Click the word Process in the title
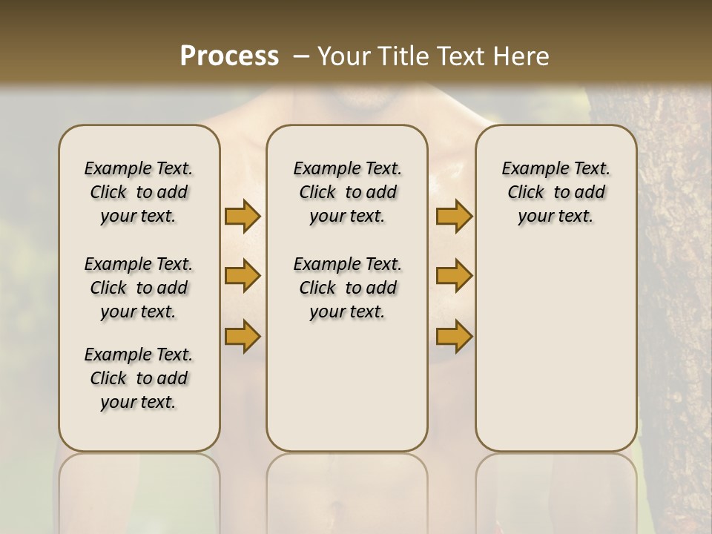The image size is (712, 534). pyautogui.click(x=229, y=56)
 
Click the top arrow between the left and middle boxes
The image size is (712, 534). pyautogui.click(x=243, y=217)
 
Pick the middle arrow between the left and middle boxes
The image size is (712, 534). pyautogui.click(x=243, y=276)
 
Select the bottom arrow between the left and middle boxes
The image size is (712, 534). pyautogui.click(x=243, y=336)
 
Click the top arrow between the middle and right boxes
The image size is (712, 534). pyautogui.click(x=454, y=217)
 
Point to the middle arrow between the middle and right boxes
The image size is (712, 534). pyautogui.click(x=454, y=276)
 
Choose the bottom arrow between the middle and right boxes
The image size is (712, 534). pyautogui.click(x=454, y=336)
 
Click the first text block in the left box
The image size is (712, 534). pyautogui.click(x=139, y=192)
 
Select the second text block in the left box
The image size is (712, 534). pyautogui.click(x=139, y=288)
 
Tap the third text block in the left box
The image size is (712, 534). pyautogui.click(x=139, y=378)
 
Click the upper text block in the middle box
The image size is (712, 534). pyautogui.click(x=347, y=192)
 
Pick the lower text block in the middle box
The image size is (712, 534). pyautogui.click(x=347, y=288)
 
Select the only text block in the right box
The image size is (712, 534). pyautogui.click(x=556, y=192)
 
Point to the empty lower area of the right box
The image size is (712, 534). pyautogui.click(x=556, y=349)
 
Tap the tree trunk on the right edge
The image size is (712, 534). pyautogui.click(x=675, y=297)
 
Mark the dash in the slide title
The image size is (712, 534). pyautogui.click(x=301, y=56)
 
